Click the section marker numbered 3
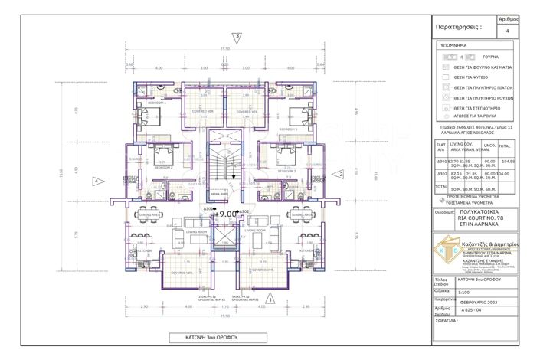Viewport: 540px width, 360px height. pyautogui.click(x=237, y=36)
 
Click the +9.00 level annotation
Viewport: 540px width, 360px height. pyautogui.click(x=227, y=214)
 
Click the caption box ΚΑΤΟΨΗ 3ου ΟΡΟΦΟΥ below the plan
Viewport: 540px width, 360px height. pyautogui.click(x=205, y=338)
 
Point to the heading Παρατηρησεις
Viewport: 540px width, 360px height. pyautogui.click(x=458, y=26)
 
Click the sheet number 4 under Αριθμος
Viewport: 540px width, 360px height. pyautogui.click(x=509, y=31)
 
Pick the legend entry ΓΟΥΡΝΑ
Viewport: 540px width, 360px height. pyautogui.click(x=468, y=57)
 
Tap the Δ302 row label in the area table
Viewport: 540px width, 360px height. pyautogui.click(x=440, y=175)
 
